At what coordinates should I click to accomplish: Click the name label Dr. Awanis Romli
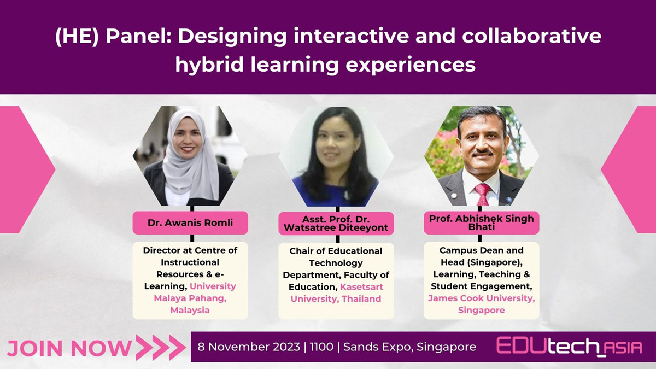(x=190, y=223)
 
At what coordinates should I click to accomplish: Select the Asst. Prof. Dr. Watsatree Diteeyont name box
(x=336, y=224)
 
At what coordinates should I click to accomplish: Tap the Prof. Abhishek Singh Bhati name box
(x=482, y=223)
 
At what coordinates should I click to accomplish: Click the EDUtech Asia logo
(x=569, y=347)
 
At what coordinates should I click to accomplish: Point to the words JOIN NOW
(x=69, y=348)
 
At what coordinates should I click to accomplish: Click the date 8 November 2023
(x=249, y=347)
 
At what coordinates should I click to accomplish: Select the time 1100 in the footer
(x=321, y=347)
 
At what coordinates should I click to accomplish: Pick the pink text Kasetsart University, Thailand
(x=336, y=293)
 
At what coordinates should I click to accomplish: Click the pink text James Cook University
(x=482, y=298)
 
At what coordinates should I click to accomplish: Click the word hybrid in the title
(x=209, y=65)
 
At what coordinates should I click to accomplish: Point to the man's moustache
(x=483, y=153)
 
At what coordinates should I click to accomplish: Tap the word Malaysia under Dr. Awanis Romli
(x=190, y=310)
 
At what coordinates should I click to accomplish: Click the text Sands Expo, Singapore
(x=409, y=347)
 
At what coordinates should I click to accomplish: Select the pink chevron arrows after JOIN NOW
(x=161, y=348)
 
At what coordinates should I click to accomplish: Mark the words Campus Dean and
(x=482, y=250)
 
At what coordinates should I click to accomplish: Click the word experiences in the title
(x=411, y=65)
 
